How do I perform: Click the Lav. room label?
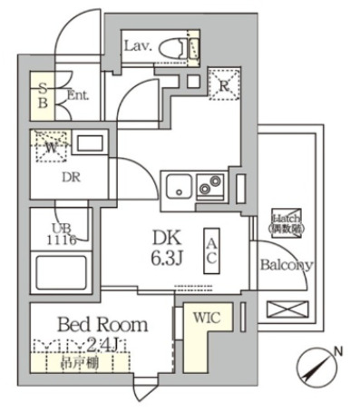click(x=138, y=44)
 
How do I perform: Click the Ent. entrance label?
click(x=77, y=94)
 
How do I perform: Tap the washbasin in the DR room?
click(x=89, y=143)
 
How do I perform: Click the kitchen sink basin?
click(x=180, y=187)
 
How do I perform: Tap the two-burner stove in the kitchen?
click(x=210, y=186)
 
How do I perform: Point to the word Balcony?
click(x=287, y=266)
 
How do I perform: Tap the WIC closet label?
click(x=206, y=317)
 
